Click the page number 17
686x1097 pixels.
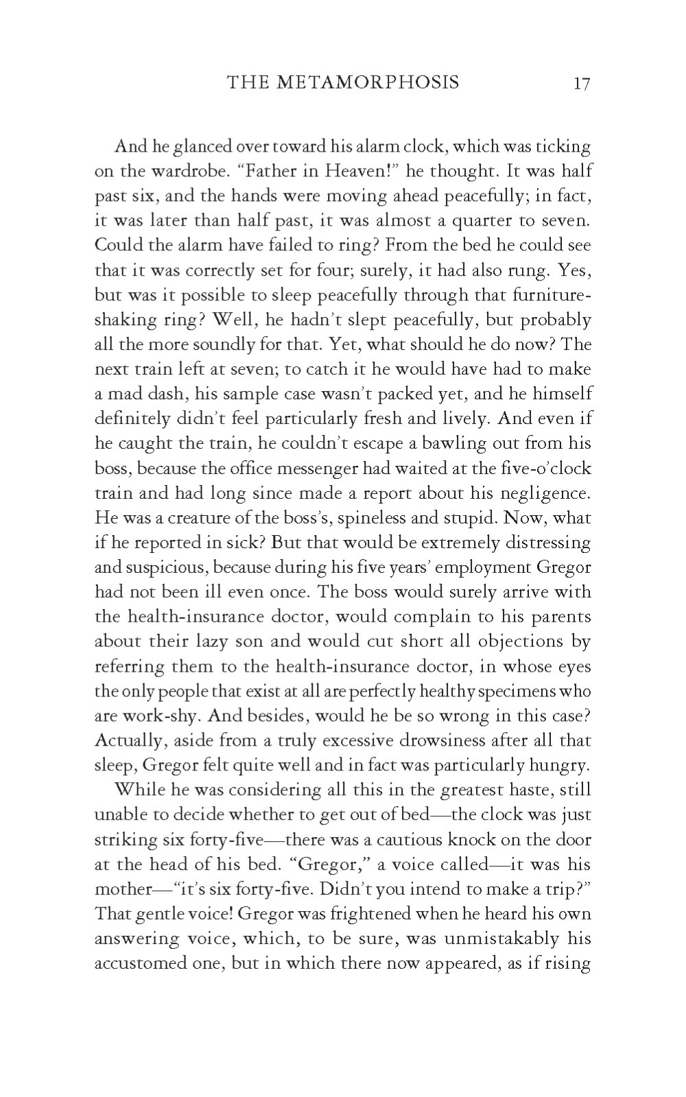582,84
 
